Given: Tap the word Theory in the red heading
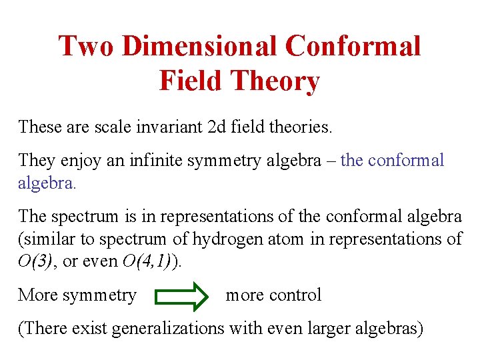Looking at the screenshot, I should pyautogui.click(x=274, y=81).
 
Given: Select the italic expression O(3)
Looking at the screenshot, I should pyautogui.click(x=34, y=261).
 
